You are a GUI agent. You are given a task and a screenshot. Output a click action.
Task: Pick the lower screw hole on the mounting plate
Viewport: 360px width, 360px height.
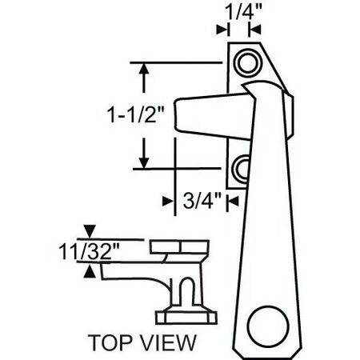pyautogui.click(x=242, y=168)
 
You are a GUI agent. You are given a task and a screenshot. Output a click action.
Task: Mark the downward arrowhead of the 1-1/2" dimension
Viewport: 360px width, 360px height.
pyautogui.click(x=144, y=162)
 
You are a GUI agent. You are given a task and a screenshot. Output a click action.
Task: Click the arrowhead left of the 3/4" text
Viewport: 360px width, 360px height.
pyautogui.click(x=169, y=202)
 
